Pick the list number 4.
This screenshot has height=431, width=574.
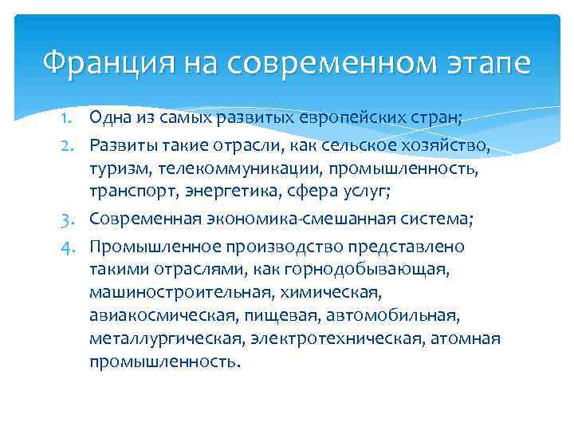point(69,247)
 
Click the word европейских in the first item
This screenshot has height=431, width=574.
point(340,119)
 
